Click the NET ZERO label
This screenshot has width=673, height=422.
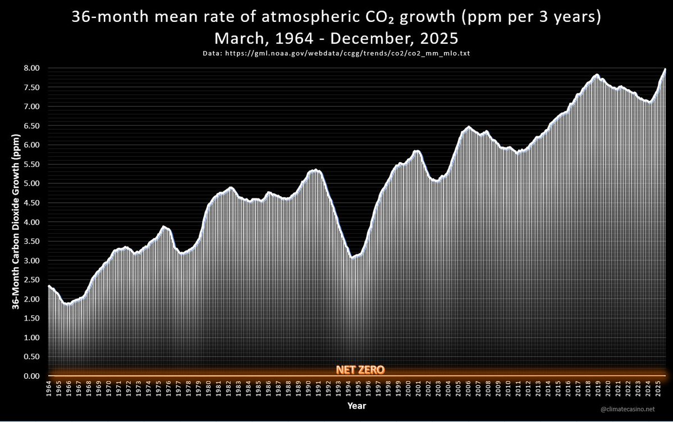(x=360, y=370)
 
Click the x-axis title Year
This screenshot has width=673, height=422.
(x=356, y=405)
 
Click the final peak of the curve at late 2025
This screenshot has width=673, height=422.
(x=665, y=69)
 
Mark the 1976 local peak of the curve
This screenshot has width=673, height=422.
(x=163, y=226)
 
